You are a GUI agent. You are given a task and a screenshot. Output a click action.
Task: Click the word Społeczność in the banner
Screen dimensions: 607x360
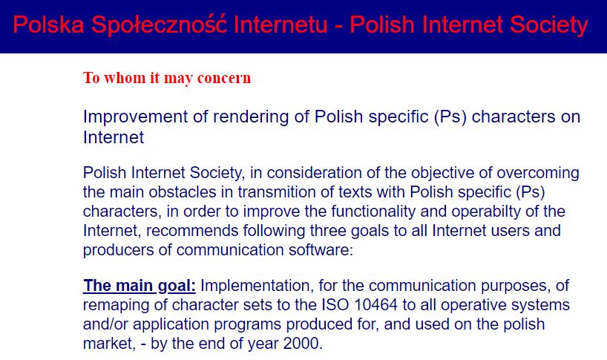coord(159,25)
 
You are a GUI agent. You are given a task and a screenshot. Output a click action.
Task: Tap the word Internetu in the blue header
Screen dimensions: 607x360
coord(280,24)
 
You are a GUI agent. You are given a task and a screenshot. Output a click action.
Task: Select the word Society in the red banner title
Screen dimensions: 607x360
coord(548,25)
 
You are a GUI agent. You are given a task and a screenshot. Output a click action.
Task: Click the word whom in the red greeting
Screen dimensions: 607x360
coord(125,78)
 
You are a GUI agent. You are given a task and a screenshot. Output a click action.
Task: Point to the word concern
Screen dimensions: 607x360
coord(224,78)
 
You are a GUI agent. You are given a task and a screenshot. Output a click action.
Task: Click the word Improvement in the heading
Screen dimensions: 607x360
coord(136,117)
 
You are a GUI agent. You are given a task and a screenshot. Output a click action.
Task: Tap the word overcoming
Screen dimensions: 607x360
coord(538,174)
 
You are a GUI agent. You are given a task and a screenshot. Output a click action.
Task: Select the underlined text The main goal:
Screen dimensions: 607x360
coord(140,286)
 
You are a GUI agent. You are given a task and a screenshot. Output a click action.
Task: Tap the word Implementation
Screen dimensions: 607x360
coord(257,286)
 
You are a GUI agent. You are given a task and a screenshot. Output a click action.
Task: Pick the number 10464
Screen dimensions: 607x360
coord(375,305)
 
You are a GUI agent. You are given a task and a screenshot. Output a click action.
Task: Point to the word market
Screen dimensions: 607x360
coord(108,344)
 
